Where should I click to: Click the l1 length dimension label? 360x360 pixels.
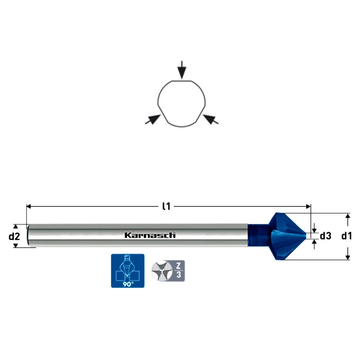166,206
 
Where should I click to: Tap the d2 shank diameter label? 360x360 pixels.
14,236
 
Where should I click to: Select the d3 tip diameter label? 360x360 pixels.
325,236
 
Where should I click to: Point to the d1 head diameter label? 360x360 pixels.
346,236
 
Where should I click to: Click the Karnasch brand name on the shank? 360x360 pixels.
150,235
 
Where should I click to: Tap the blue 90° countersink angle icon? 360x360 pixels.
128,271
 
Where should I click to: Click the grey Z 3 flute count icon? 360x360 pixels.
168,271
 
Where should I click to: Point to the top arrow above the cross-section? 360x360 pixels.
182,70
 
